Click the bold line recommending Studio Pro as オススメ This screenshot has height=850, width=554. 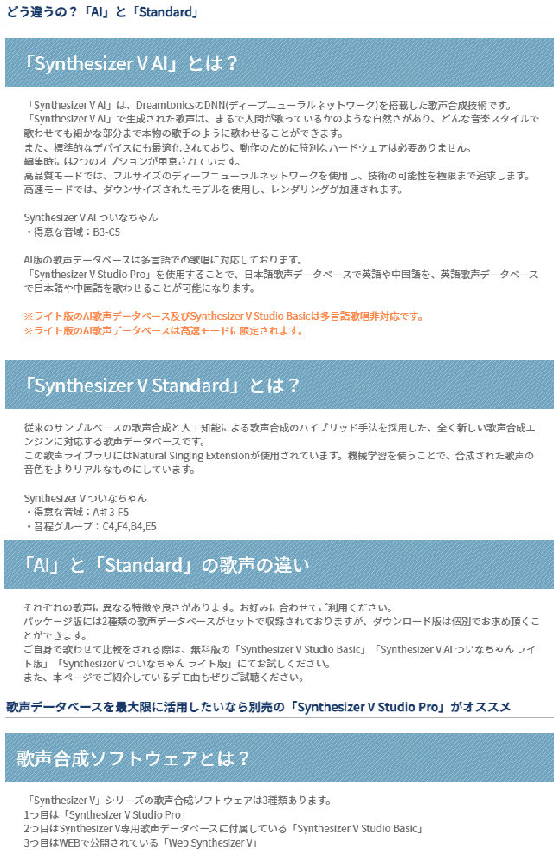click(258, 707)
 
